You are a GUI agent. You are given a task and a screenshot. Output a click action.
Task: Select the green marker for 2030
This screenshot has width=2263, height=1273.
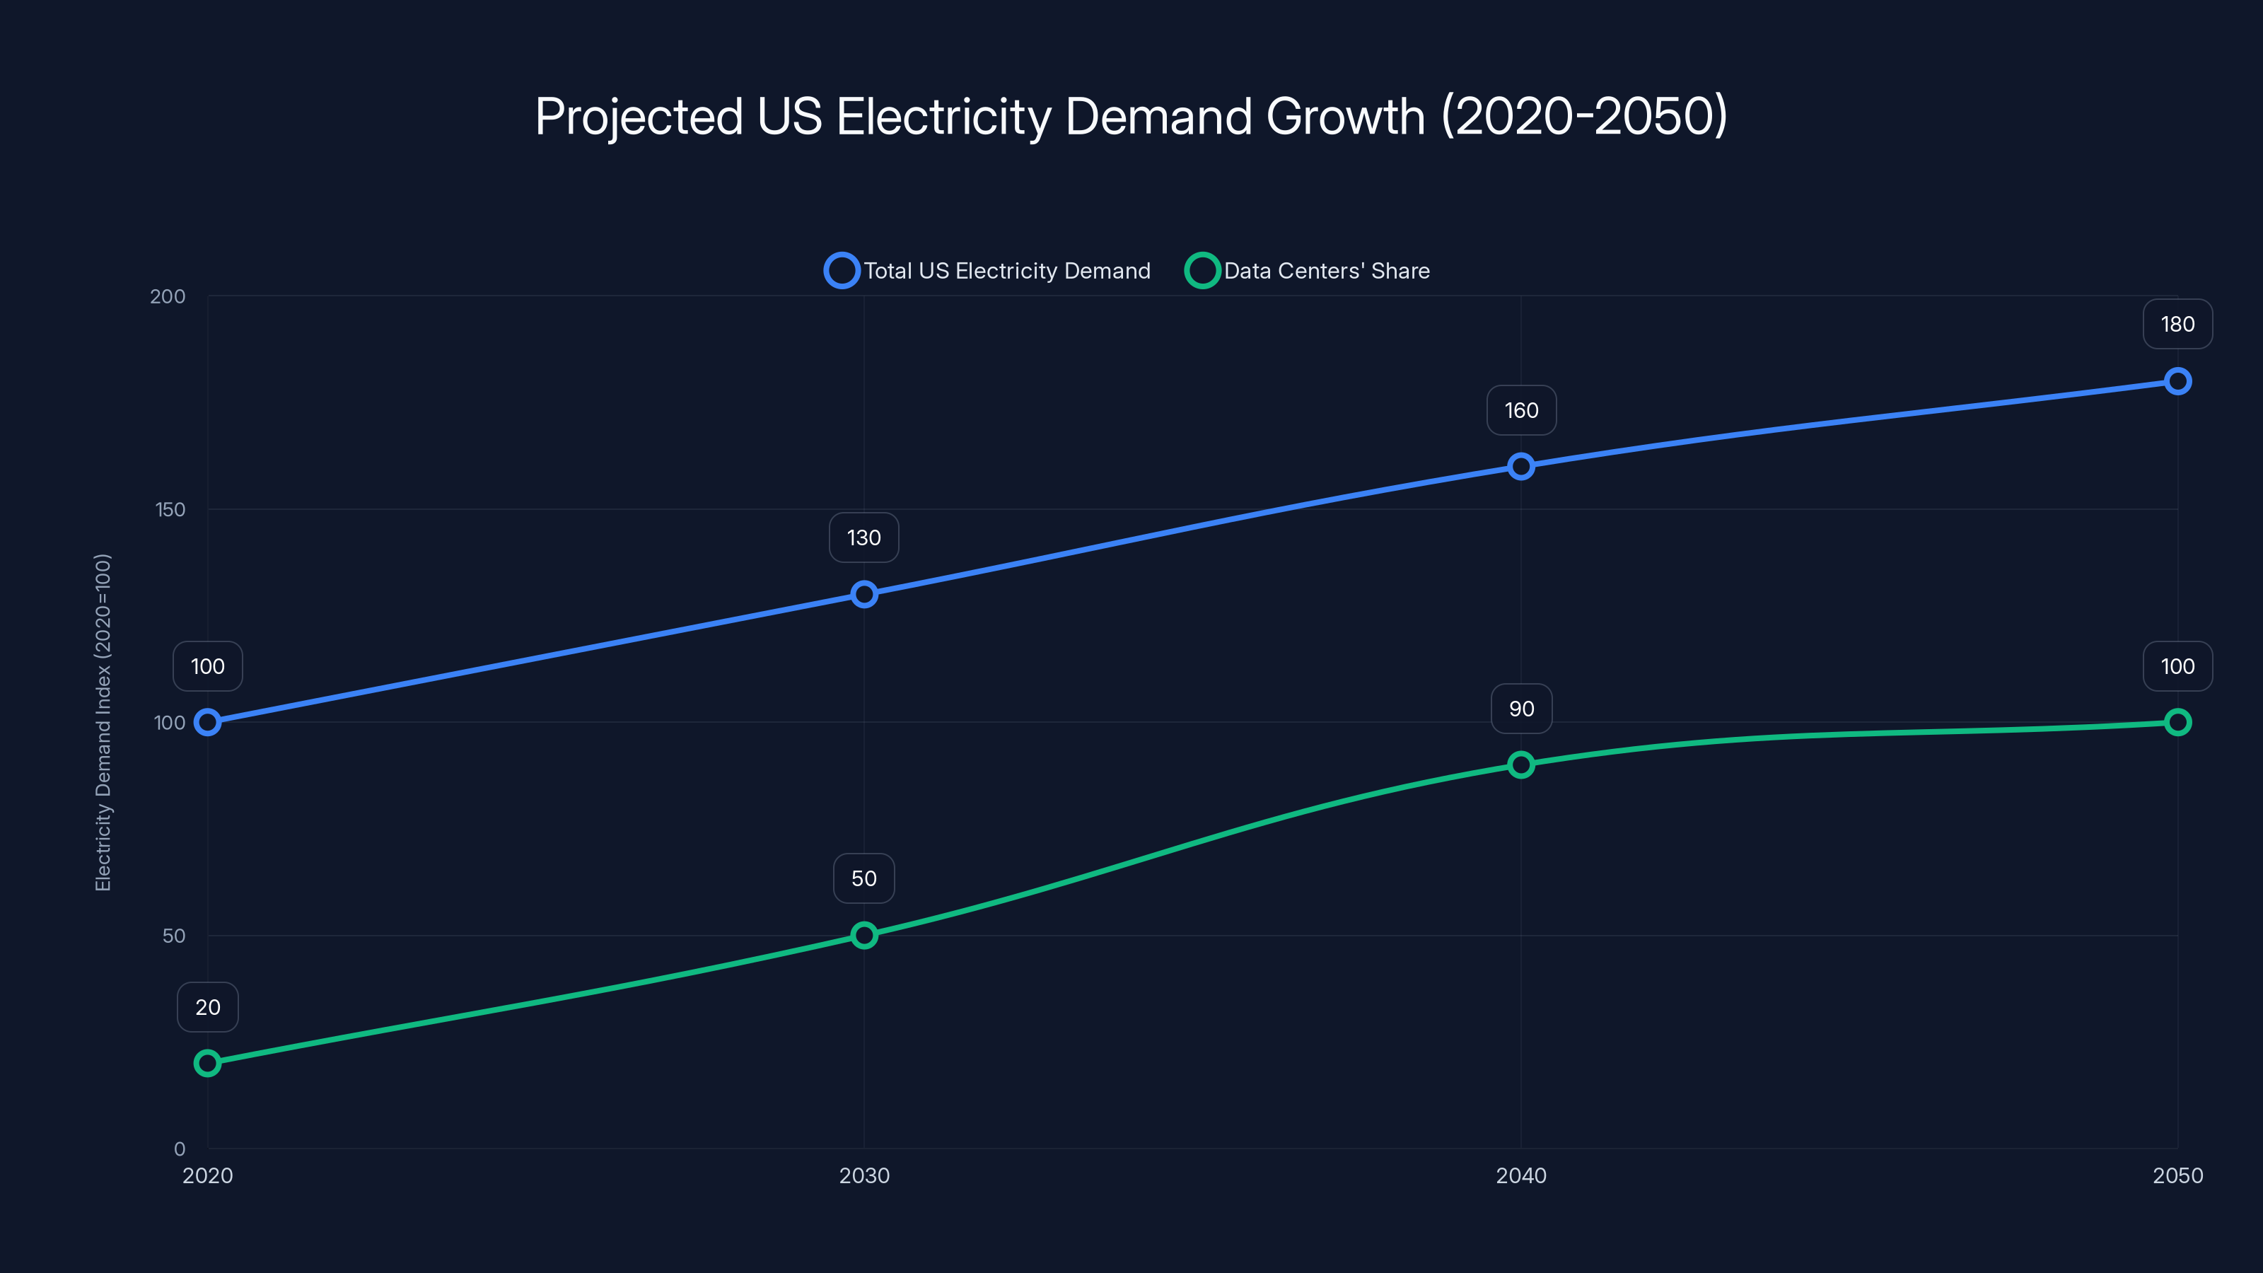coord(863,935)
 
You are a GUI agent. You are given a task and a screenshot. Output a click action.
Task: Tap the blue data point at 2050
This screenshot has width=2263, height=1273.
coord(2177,380)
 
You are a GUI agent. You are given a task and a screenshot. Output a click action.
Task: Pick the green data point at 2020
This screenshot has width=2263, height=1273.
coord(207,1063)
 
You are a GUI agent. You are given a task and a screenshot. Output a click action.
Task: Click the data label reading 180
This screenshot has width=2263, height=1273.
coord(2177,324)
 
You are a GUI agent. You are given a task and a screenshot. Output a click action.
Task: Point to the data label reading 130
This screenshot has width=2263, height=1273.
coord(863,537)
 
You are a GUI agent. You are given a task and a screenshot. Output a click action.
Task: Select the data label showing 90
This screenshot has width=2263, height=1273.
coord(1520,709)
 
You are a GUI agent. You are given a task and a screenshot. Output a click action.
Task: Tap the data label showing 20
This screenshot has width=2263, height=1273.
coord(207,1007)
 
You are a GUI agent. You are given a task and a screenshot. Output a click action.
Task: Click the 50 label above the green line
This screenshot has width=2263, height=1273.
coord(863,878)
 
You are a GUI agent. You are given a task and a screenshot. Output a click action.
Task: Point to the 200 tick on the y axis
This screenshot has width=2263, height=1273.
coord(168,296)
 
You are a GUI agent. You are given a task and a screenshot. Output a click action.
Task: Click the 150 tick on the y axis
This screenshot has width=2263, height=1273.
coord(170,509)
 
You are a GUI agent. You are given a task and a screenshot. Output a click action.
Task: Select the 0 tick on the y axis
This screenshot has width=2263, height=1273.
coord(179,1149)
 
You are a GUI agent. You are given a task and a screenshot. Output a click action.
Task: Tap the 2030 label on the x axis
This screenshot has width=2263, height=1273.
coord(863,1175)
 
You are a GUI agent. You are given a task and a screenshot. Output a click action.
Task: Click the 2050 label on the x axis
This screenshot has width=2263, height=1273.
coord(2177,1175)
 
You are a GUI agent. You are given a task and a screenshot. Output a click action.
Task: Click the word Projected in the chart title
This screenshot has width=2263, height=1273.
coord(639,117)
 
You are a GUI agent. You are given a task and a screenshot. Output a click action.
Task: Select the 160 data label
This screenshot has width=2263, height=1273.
coord(1520,410)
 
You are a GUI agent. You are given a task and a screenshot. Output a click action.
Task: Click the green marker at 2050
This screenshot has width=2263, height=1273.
coord(2177,722)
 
